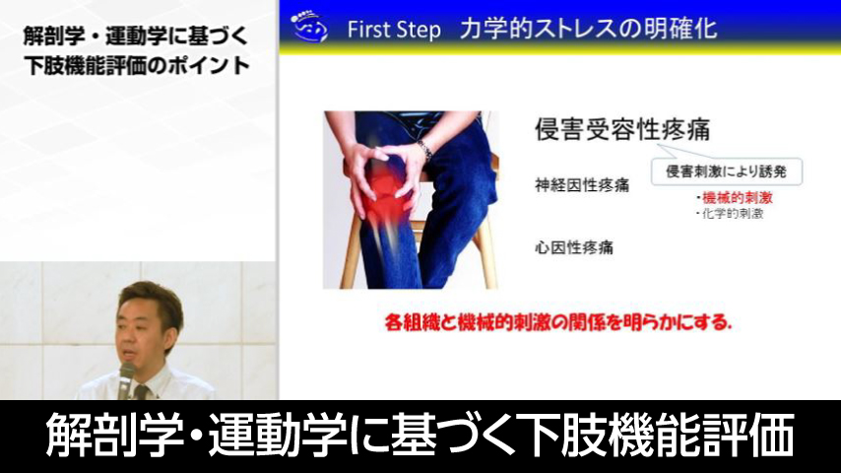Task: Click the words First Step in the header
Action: [394, 29]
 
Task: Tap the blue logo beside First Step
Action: [309, 27]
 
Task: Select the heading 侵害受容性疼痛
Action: [621, 129]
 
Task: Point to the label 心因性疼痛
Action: [573, 246]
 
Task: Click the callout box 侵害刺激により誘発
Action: [726, 171]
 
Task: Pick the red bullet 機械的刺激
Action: [735, 198]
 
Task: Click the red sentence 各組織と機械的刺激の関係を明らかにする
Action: [560, 323]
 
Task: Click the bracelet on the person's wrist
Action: [424, 150]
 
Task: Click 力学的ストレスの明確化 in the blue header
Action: [588, 29]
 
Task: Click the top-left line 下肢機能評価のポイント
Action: [137, 66]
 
